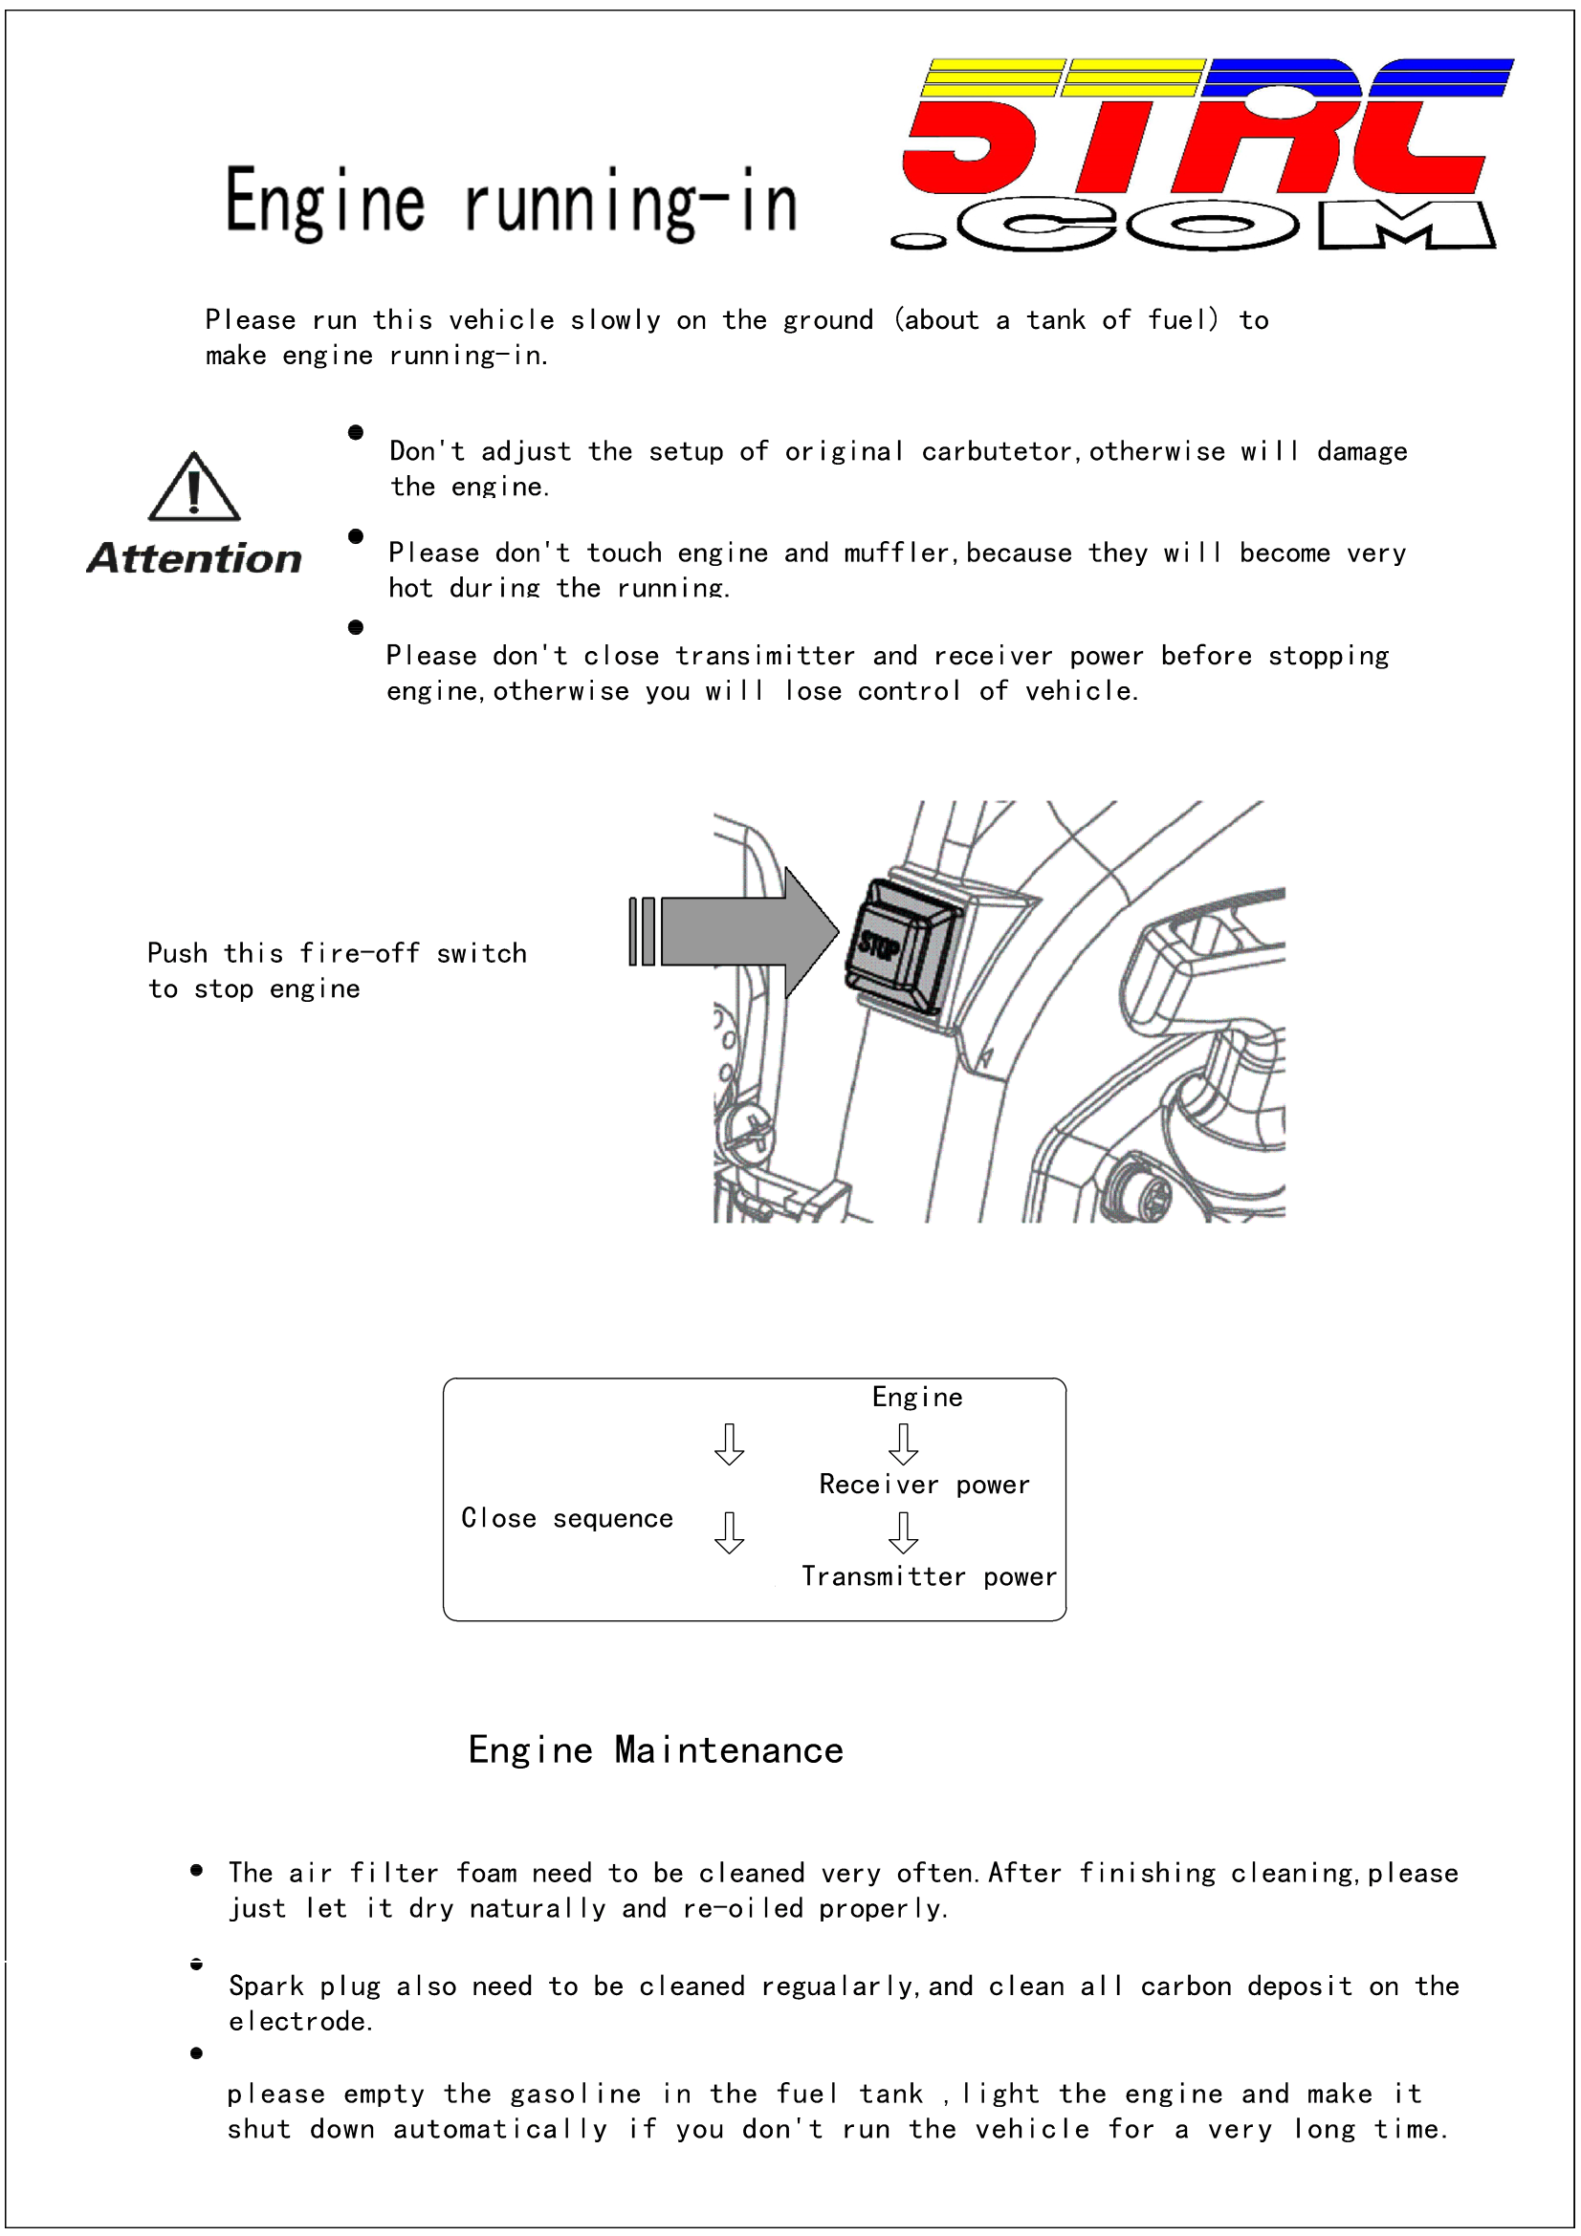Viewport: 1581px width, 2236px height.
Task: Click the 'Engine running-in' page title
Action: (512, 202)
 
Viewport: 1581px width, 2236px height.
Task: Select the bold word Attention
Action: (195, 559)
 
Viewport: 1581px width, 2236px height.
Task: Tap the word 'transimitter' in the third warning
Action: (765, 656)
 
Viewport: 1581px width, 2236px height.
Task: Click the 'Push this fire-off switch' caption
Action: (336, 953)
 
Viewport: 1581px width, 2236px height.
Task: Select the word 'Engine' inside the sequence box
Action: (916, 1398)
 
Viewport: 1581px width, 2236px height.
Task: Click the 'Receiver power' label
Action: (924, 1485)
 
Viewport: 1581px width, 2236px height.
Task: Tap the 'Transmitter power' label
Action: (929, 1576)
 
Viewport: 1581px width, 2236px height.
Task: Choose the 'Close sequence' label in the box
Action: (567, 1518)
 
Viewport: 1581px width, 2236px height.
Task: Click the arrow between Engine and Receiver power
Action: (903, 1444)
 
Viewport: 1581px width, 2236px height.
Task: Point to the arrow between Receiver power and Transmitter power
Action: (903, 1531)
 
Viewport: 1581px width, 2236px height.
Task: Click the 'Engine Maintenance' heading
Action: (654, 1750)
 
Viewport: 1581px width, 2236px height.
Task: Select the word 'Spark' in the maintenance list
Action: (267, 1986)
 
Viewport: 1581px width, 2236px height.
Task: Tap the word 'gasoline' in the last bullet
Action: (576, 2094)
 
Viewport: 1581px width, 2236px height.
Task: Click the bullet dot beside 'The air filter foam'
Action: (197, 1870)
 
